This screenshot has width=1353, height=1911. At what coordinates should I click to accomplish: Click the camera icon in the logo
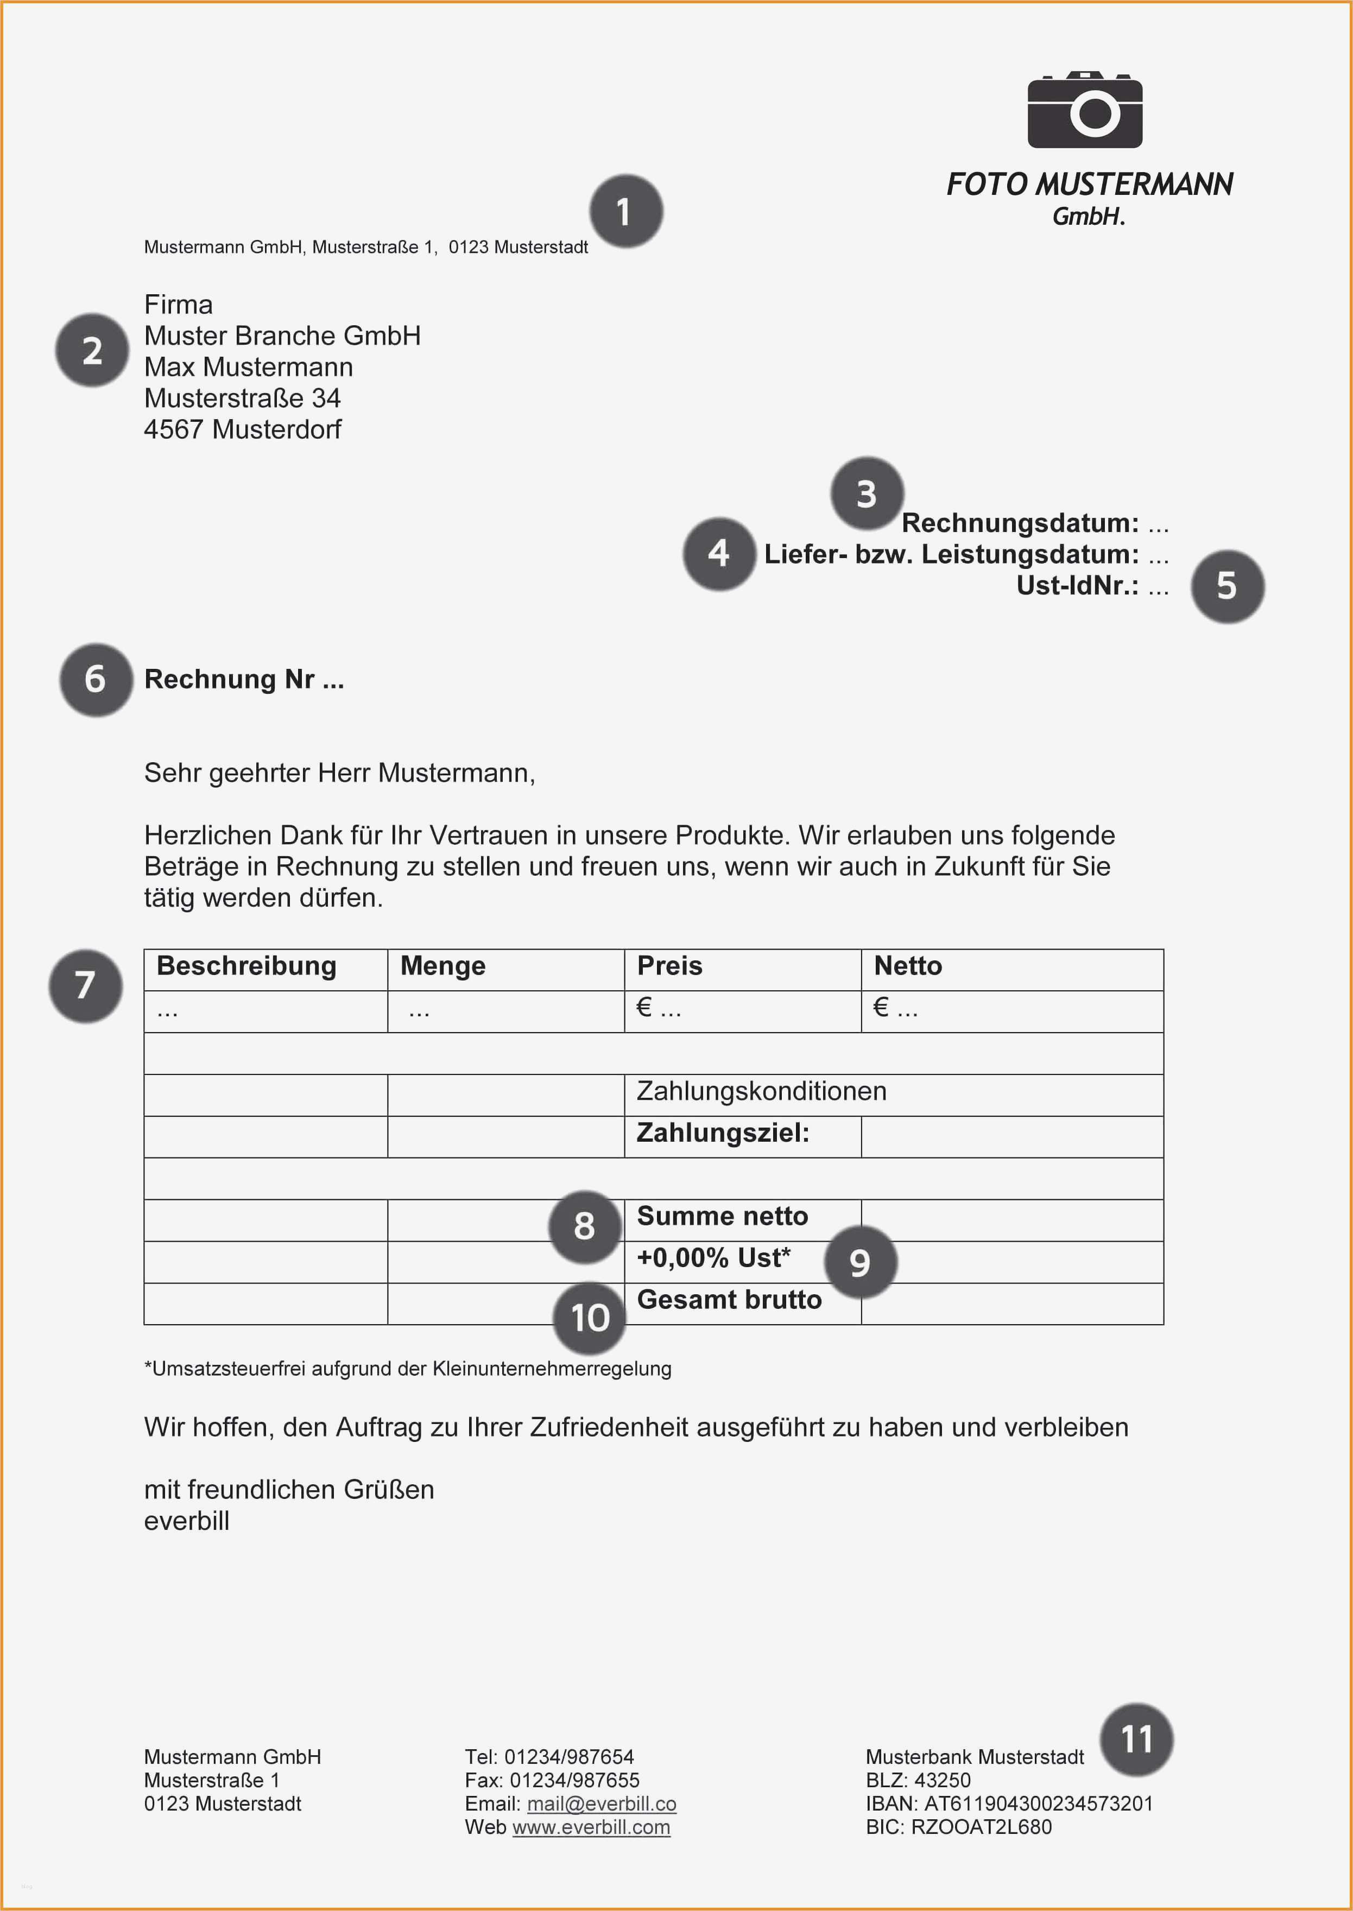[1085, 110]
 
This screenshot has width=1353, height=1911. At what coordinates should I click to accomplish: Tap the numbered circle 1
[625, 212]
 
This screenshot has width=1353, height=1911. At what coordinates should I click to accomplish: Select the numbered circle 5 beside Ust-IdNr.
[1227, 586]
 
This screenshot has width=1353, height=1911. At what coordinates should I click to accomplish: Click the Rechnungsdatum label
[1020, 523]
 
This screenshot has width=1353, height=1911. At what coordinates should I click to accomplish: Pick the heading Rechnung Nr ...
[243, 680]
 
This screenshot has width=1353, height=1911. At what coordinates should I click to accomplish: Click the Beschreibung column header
[246, 966]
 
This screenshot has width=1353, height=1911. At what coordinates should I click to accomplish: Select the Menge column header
[442, 966]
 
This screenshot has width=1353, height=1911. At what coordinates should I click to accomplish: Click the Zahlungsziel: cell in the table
[722, 1133]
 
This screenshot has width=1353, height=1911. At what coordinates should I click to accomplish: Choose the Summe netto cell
[722, 1216]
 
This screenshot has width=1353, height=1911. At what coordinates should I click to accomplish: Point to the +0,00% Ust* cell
[713, 1258]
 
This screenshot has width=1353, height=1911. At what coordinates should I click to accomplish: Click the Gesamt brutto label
[729, 1300]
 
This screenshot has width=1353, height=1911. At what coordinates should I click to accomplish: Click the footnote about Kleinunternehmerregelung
[407, 1369]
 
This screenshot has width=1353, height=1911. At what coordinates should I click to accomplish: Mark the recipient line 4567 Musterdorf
[243, 430]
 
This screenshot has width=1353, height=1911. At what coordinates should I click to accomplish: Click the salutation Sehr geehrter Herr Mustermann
[339, 773]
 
